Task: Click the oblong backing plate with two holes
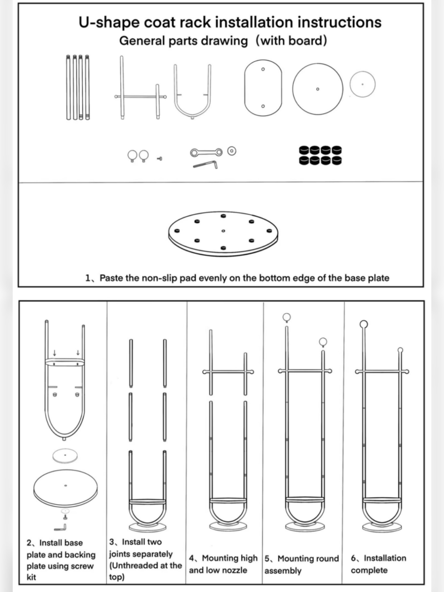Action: click(x=263, y=88)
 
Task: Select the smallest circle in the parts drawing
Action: click(x=362, y=84)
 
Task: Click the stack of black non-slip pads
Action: click(x=320, y=155)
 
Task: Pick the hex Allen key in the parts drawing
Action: click(x=205, y=164)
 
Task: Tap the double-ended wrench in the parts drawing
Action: click(x=206, y=152)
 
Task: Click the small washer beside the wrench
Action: click(x=232, y=151)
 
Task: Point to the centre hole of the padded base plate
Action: click(x=223, y=231)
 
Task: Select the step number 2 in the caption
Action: click(x=29, y=543)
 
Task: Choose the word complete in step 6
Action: click(x=369, y=570)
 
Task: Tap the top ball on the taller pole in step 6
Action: click(x=364, y=324)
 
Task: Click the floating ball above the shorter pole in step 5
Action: click(x=323, y=342)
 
